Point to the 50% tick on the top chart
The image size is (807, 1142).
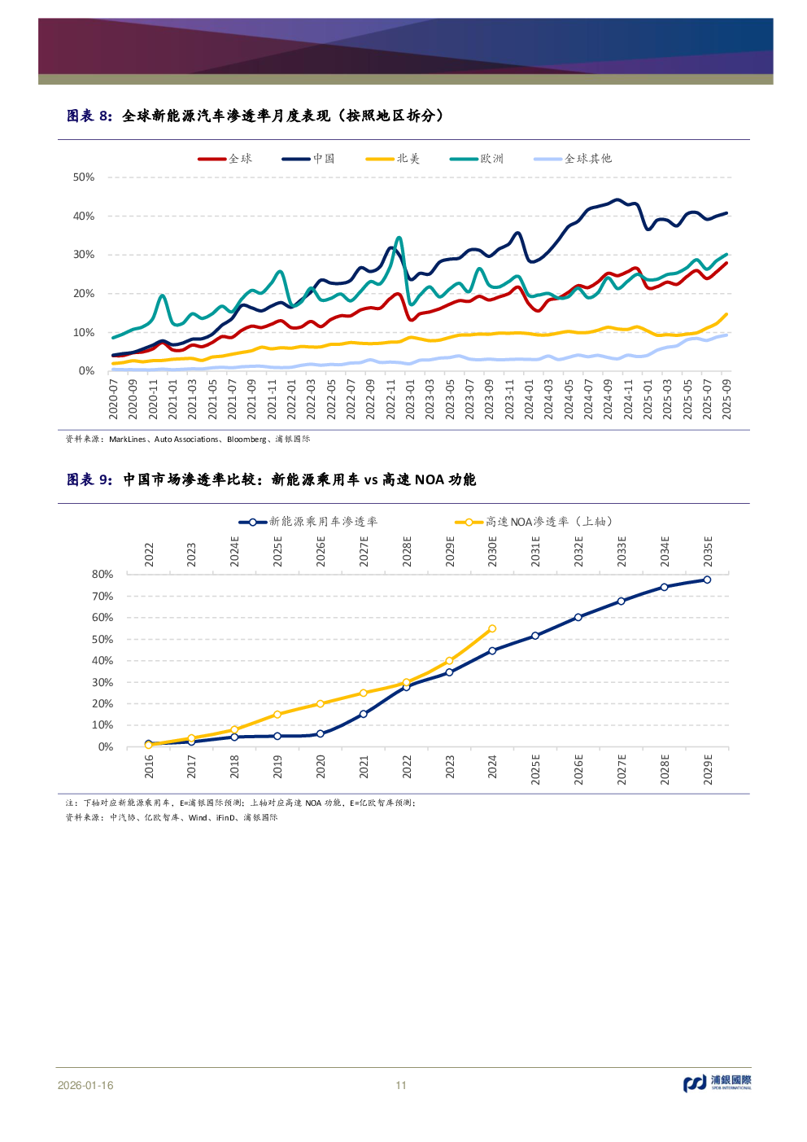[x=84, y=177]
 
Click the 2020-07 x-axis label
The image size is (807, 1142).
[x=114, y=399]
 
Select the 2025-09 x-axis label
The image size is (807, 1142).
[x=726, y=399]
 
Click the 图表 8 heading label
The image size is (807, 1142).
[x=89, y=116]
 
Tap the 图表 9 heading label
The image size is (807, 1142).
[x=89, y=480]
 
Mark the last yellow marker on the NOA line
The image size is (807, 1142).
[x=492, y=628]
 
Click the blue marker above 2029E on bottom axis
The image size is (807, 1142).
[x=707, y=580]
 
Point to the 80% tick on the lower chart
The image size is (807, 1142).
[x=103, y=575]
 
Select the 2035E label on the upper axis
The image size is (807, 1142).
[x=708, y=551]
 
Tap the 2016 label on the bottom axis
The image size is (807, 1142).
[x=149, y=766]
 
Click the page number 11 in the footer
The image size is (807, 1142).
[x=401, y=1085]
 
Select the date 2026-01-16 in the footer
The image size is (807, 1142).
[x=85, y=1085]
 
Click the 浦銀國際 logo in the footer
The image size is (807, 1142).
[x=718, y=1083]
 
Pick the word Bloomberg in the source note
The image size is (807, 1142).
[x=246, y=440]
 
